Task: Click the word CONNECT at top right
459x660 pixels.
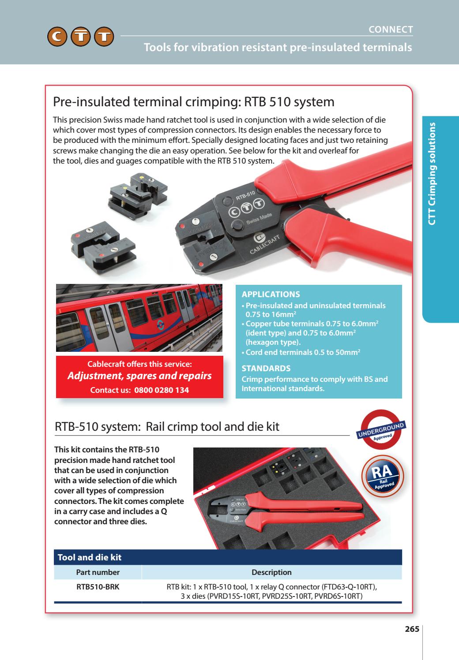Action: (391, 30)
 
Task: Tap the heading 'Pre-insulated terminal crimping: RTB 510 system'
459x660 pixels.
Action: (193, 102)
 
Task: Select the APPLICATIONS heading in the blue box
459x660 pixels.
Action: (271, 295)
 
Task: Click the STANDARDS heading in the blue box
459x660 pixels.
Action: (266, 368)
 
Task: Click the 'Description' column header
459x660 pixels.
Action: (271, 572)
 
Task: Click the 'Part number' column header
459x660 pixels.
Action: (98, 572)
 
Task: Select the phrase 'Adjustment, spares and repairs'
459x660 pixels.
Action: (139, 376)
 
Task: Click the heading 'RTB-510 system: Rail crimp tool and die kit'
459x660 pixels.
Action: (167, 427)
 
